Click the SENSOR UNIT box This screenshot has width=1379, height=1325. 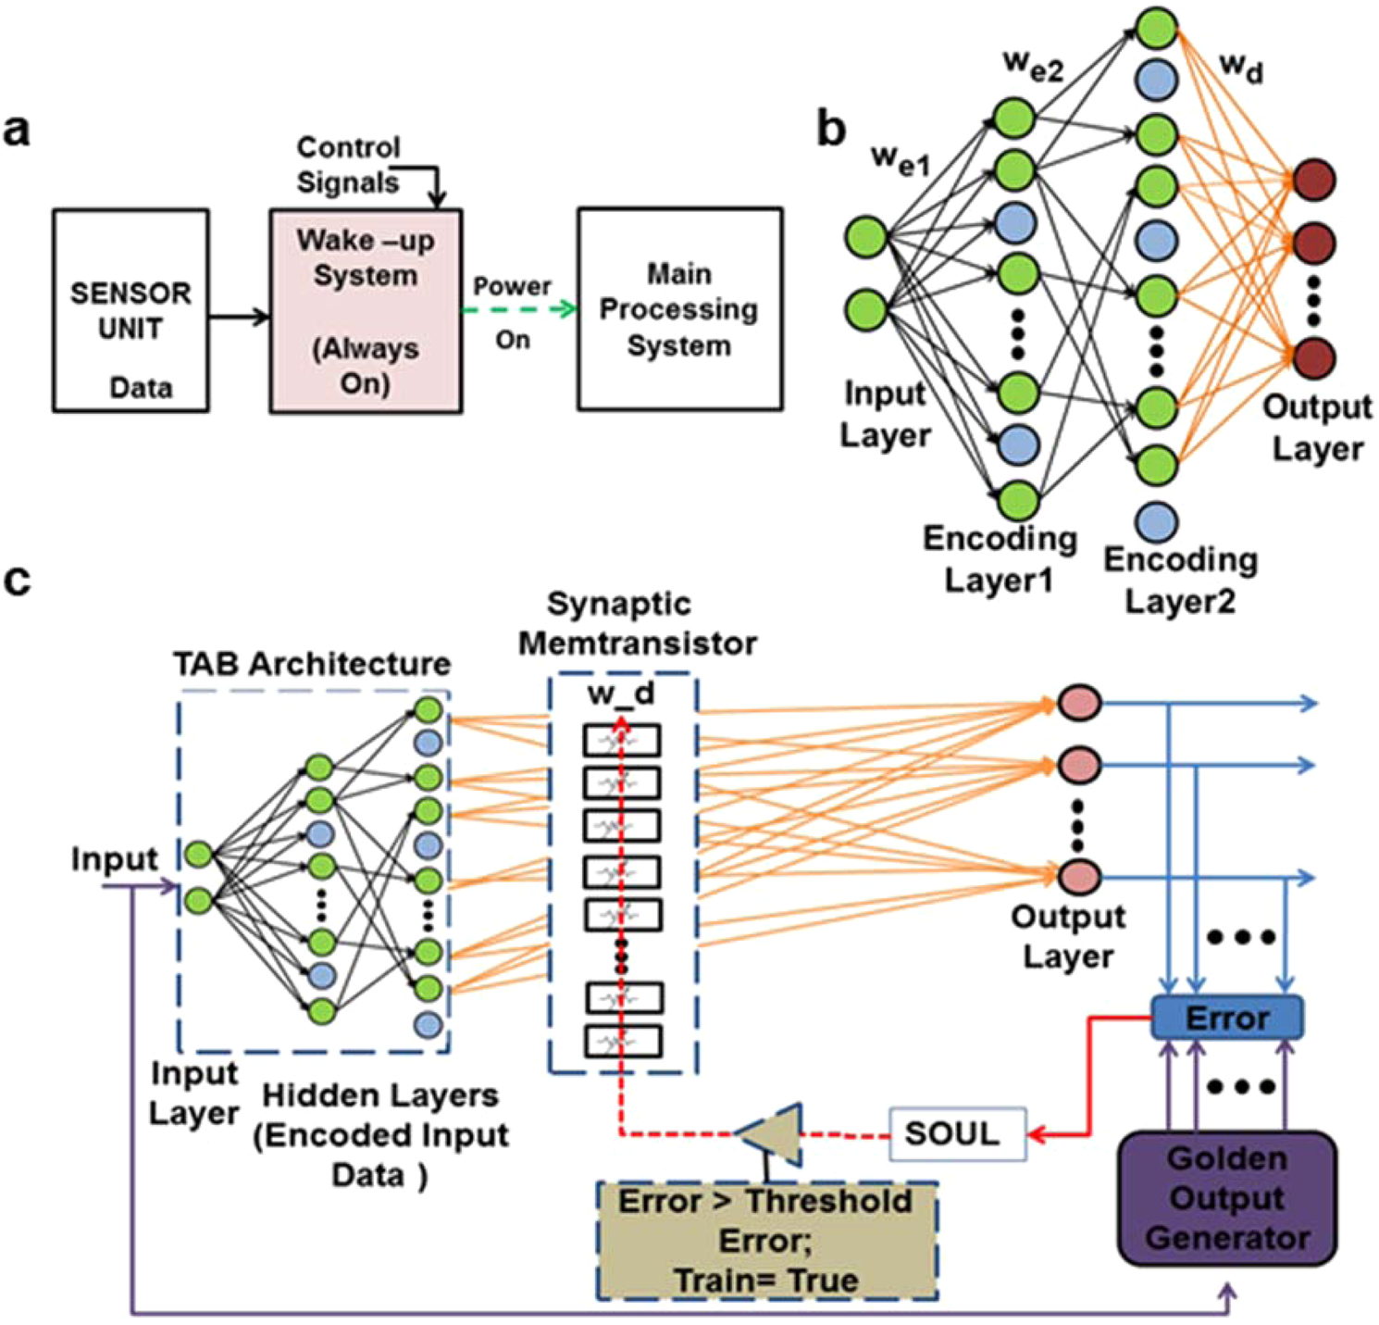130,310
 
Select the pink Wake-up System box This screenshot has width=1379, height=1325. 366,310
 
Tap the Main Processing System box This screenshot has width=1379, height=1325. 680,309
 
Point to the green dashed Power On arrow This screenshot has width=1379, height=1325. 520,309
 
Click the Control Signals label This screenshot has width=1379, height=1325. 348,165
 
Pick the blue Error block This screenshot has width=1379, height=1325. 1227,1018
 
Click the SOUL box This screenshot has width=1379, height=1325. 958,1133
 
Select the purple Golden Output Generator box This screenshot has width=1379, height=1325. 1227,1198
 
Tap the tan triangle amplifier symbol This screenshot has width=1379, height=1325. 770,1133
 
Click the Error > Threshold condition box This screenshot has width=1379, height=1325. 767,1241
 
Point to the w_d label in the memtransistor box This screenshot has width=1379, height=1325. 621,694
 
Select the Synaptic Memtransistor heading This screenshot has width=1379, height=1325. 638,623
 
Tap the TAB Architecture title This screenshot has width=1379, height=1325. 312,664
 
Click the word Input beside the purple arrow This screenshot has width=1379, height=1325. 115,860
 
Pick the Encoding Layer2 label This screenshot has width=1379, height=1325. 1181,581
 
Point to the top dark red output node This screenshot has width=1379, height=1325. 1314,180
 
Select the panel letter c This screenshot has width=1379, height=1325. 18,581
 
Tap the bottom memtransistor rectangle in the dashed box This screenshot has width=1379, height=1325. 623,1042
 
